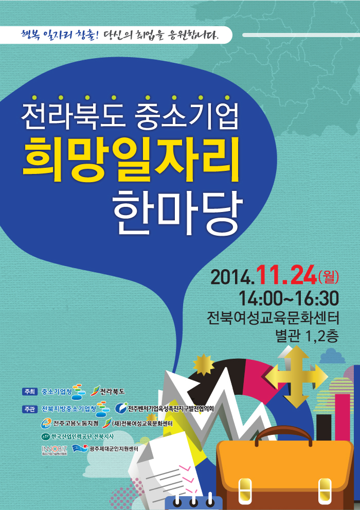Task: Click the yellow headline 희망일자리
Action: tap(131, 159)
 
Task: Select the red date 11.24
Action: tap(286, 275)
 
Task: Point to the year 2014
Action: tap(232, 277)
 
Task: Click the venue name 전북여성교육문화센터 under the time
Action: tap(273, 318)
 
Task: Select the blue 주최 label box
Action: tap(30, 392)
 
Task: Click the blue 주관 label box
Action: tap(30, 409)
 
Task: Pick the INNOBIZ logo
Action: tap(55, 450)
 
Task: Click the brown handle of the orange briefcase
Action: tap(283, 433)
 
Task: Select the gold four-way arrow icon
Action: tap(296, 377)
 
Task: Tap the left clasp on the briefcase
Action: tap(245, 491)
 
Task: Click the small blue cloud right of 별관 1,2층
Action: tap(332, 356)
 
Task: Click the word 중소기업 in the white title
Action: tap(187, 115)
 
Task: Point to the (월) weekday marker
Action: tap(329, 277)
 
